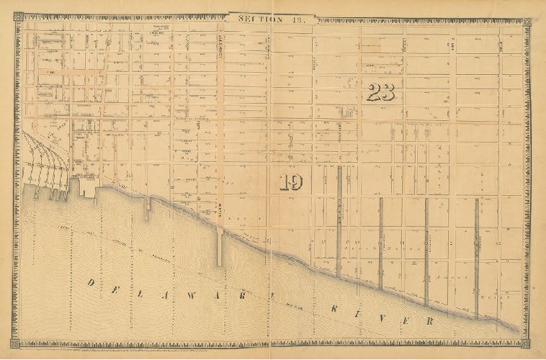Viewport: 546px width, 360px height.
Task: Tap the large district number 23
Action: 380,91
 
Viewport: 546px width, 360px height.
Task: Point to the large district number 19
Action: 291,181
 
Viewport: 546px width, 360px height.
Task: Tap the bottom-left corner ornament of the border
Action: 17,344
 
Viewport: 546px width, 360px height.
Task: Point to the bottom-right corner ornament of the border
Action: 528,344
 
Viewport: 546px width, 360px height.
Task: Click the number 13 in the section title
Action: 297,19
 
